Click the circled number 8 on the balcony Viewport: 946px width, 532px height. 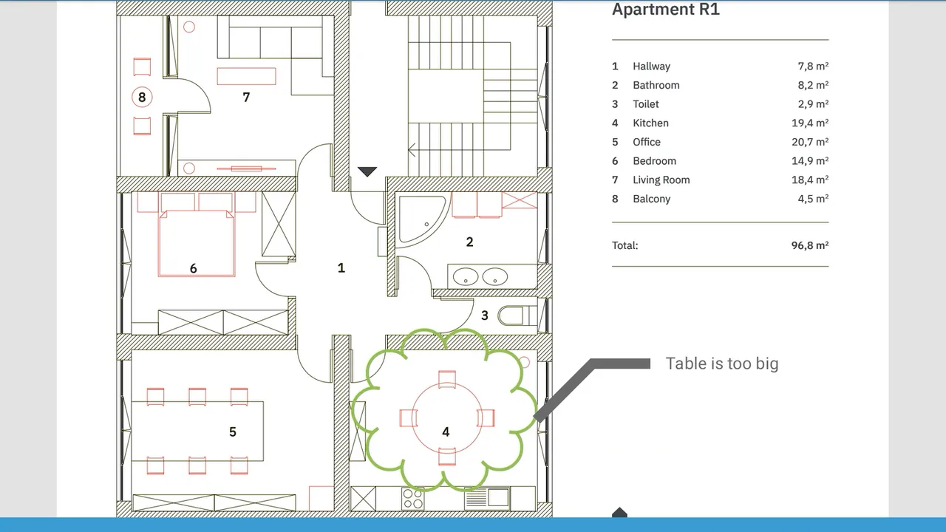(x=142, y=97)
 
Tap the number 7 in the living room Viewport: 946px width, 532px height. (x=246, y=98)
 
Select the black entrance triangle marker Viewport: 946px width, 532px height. (x=367, y=171)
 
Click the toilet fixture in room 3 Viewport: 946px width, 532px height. (x=517, y=316)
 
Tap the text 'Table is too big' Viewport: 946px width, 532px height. (x=722, y=364)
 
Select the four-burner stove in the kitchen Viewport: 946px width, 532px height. (x=412, y=499)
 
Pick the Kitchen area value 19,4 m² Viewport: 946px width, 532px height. (x=810, y=123)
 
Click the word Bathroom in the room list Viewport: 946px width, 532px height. (x=656, y=85)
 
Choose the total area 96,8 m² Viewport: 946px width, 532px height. (x=810, y=245)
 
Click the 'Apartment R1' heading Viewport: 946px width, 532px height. (x=666, y=10)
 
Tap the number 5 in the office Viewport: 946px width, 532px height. (x=233, y=432)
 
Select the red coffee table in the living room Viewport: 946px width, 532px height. (x=247, y=76)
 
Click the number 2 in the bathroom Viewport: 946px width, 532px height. (x=469, y=242)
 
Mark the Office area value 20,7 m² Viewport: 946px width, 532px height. (x=810, y=142)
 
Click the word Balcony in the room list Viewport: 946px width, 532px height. (x=651, y=199)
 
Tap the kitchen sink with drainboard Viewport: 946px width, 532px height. (x=487, y=498)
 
